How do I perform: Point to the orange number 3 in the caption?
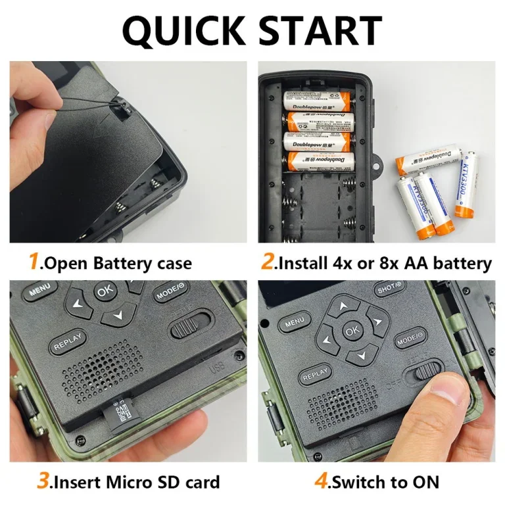coord(43,481)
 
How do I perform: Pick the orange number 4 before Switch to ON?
coord(320,481)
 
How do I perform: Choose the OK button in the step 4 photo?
coord(352,330)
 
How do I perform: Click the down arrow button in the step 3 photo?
coord(117,314)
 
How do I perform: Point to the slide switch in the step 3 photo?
coord(190,326)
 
